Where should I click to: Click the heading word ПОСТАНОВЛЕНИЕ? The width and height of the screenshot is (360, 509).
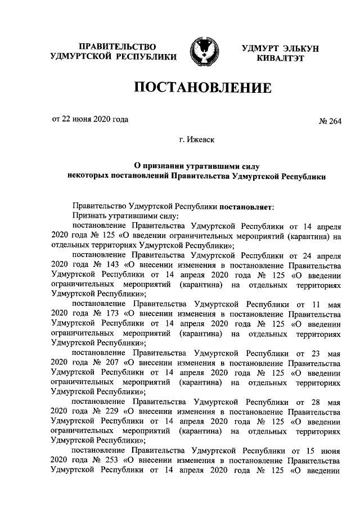pos(202,88)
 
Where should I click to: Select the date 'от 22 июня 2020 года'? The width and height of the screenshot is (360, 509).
pos(90,119)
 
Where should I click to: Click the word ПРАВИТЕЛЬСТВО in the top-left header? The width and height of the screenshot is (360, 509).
pos(117,46)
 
